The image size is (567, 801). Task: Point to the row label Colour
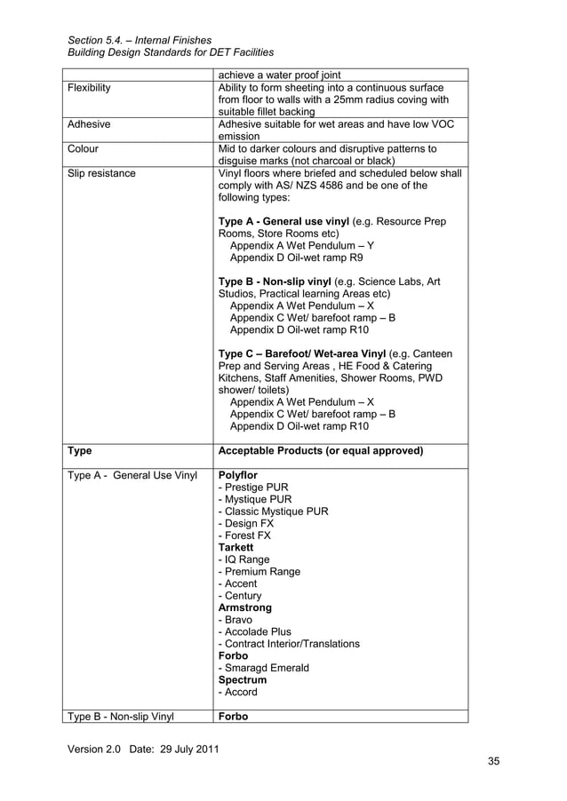[83, 149]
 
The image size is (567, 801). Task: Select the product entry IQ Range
[243, 560]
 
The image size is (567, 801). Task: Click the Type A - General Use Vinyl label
[132, 475]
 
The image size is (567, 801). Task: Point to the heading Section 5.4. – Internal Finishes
[140, 40]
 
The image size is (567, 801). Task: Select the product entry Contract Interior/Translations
[289, 644]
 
